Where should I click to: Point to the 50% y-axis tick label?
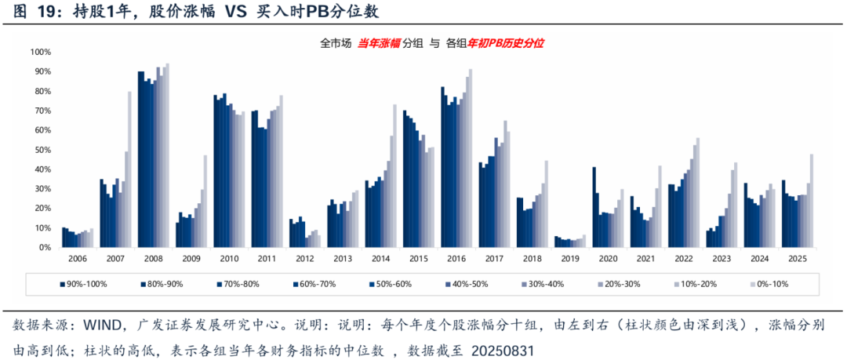pos(42,150)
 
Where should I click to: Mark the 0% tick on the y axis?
pos(45,248)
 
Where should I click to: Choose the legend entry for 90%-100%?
pos(86,283)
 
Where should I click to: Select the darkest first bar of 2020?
pos(594,207)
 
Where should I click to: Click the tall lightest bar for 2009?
pos(205,201)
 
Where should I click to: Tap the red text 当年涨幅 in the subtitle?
pos(379,44)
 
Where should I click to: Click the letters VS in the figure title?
pos(226,12)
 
